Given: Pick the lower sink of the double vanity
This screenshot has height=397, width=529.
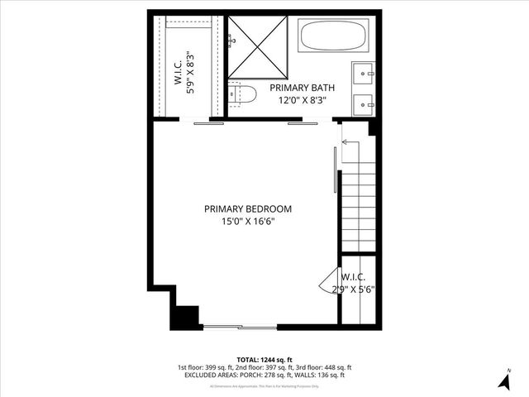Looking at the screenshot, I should point(364,104).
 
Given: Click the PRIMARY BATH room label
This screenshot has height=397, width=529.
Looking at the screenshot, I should point(300,88).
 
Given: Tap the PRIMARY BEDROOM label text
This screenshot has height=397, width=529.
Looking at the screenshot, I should point(248,209).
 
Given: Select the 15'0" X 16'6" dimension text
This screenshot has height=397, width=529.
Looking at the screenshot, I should point(248,222).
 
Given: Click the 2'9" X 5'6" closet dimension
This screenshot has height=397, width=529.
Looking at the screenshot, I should point(353,289).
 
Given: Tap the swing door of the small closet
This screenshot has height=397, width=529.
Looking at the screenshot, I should point(330,281).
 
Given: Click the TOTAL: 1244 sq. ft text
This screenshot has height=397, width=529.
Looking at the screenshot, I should point(264,360).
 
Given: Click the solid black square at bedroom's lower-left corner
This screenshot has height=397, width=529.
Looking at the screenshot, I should point(187,317).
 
